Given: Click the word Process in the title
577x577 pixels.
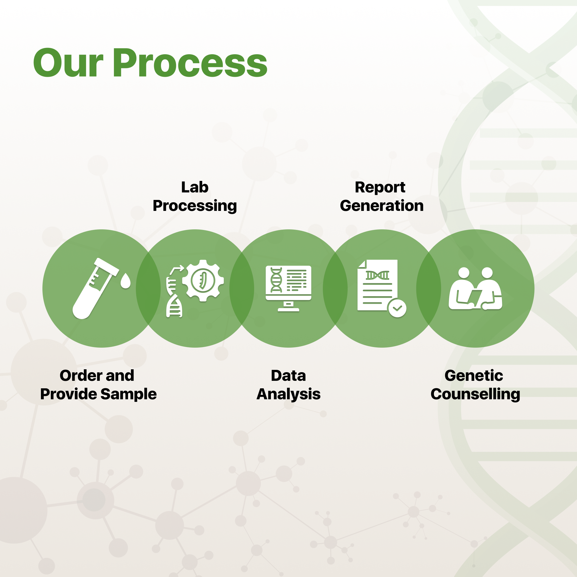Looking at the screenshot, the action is coord(190,63).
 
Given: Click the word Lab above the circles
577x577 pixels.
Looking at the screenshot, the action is coord(195,187).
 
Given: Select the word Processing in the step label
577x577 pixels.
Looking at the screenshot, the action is coord(195,206).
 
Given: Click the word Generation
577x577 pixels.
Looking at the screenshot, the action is coord(382,206).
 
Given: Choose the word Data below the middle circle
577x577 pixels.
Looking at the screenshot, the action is coord(288,375).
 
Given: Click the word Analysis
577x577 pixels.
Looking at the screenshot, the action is coord(288,394).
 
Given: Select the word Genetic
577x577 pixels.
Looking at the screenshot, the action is coord(474,375).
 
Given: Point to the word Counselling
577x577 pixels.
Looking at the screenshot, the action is coord(475,394).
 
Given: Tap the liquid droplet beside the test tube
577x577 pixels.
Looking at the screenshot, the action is coord(125,281).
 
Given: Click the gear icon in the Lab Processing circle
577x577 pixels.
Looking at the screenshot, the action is coord(203,280).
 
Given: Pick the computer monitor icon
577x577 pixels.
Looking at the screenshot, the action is coord(288,288).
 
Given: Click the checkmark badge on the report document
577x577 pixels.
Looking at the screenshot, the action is coord(397,308).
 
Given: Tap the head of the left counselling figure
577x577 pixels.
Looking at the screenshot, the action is coord(464,273).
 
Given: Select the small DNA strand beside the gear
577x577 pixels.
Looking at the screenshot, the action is coord(174,297).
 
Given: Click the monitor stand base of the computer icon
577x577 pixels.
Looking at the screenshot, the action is coord(288,310).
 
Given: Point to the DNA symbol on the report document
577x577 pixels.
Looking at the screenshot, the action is coord(377,275).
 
